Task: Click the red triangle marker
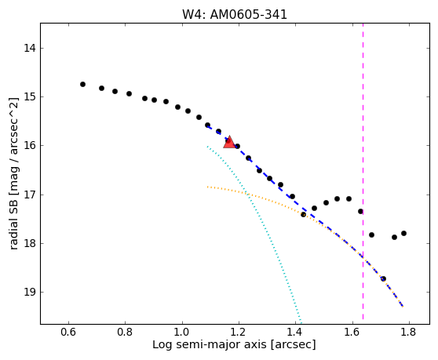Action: coord(230,142)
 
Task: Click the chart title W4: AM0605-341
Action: coord(235,15)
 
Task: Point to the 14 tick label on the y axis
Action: coord(30,48)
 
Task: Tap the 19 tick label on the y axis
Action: coord(30,292)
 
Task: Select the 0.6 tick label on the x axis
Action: coord(68,332)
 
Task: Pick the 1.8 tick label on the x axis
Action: coord(409,332)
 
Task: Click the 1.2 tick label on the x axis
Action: coord(239,332)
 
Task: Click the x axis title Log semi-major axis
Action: coord(210,345)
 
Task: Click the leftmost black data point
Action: coord(82,84)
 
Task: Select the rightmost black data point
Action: coord(403,233)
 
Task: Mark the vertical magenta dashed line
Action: coord(363,171)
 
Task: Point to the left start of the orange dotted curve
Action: coord(207,187)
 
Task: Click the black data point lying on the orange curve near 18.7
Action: coord(383,278)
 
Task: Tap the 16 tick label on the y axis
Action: coord(30,145)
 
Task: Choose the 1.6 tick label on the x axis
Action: coord(352,332)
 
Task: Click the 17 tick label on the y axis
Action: coord(30,195)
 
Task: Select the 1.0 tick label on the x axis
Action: coord(182,332)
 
